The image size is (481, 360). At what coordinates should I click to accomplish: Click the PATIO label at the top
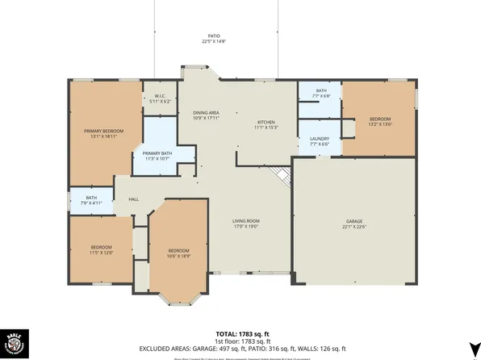click(214, 37)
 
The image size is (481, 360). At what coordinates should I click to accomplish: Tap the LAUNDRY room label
click(320, 138)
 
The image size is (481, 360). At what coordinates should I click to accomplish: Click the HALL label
click(134, 199)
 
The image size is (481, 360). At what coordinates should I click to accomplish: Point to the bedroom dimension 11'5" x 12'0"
click(101, 253)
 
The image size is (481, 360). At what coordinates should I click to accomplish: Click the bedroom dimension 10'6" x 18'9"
click(178, 257)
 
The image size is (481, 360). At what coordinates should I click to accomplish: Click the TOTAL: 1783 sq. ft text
click(241, 333)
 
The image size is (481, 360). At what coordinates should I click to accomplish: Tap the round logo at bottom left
click(16, 341)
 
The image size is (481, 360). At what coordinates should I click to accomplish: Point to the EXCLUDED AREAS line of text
click(241, 348)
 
